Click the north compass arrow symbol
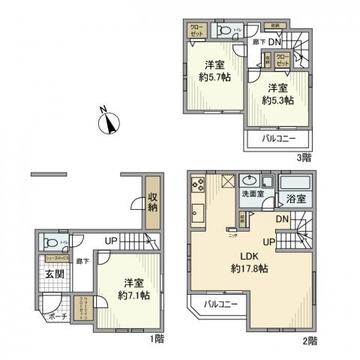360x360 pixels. coord(111,122)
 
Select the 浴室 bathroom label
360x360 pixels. coord(294,199)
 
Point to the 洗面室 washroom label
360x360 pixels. coord(252,194)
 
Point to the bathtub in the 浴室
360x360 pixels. coord(294,182)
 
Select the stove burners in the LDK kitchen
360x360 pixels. coord(198,184)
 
